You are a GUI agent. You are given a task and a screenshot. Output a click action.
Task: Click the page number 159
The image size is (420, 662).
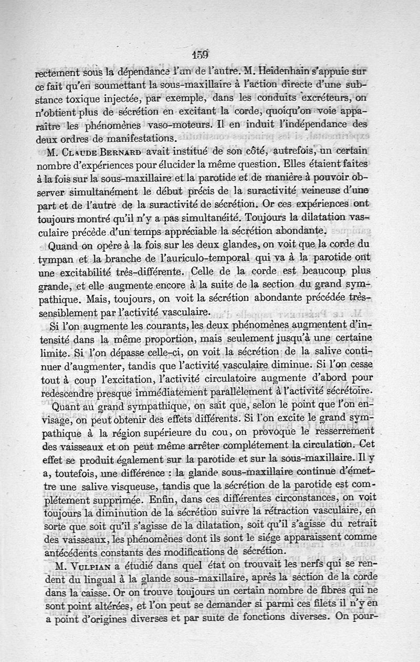click(x=201, y=54)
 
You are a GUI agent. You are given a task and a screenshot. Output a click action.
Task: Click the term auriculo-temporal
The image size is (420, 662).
click(x=213, y=258)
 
